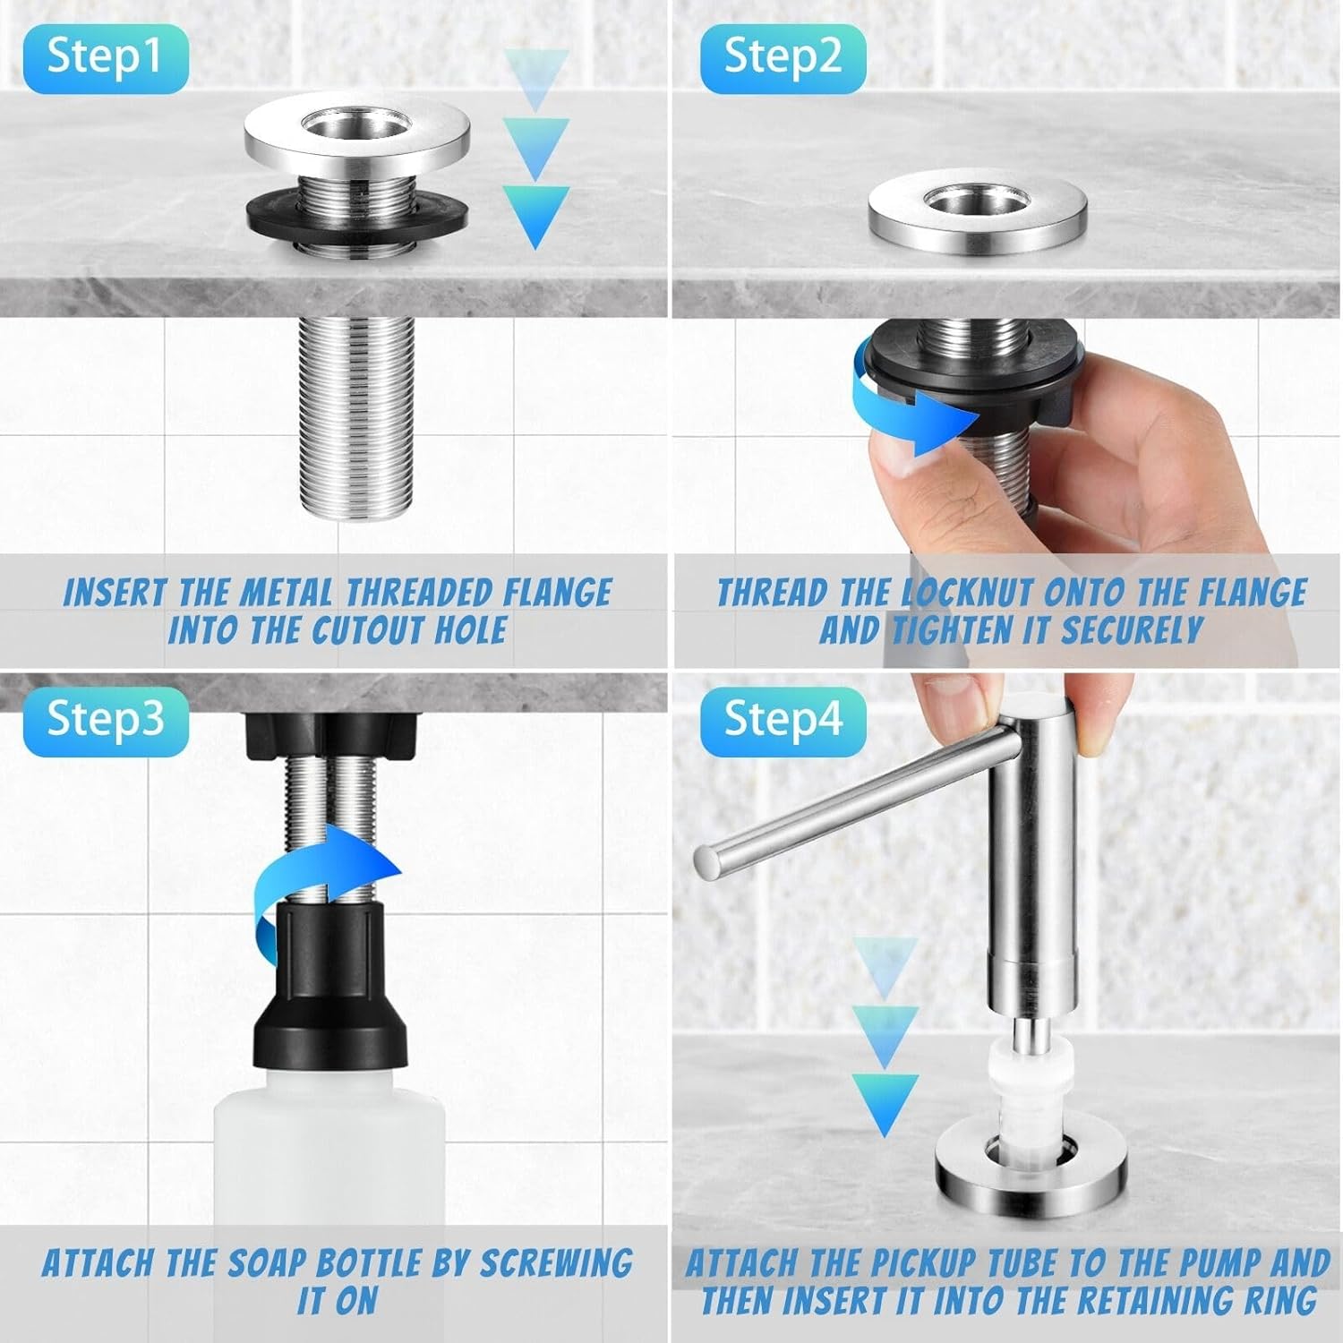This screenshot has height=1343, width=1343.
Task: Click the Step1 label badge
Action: coord(106,58)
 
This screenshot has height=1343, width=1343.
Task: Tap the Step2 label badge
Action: coord(783,58)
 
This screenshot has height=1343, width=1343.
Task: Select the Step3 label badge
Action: coord(106,719)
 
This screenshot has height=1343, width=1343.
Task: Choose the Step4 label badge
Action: coord(783,719)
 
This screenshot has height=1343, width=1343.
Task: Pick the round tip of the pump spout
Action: coord(708,860)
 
